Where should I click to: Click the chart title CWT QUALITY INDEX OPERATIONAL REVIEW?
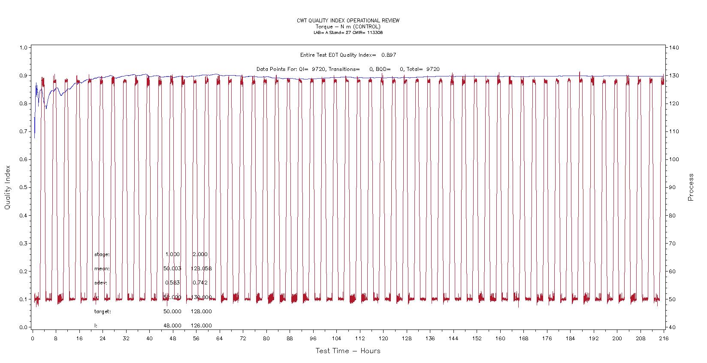pyautogui.click(x=348, y=21)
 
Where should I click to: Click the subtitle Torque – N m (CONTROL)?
pyautogui.click(x=348, y=27)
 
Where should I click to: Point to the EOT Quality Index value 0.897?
pyautogui.click(x=389, y=55)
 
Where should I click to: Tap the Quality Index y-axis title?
pyautogui.click(x=8, y=188)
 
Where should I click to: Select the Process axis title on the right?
pyautogui.click(x=691, y=187)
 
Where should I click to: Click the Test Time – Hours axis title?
pyautogui.click(x=348, y=351)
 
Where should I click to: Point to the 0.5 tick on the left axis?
pyautogui.click(x=23, y=188)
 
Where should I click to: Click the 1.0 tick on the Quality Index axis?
pyautogui.click(x=23, y=48)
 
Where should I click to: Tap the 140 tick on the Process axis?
pyautogui.click(x=674, y=48)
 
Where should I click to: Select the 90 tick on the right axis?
pyautogui.click(x=673, y=188)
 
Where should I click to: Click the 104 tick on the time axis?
pyautogui.click(x=336, y=339)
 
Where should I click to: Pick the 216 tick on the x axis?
pyautogui.click(x=664, y=339)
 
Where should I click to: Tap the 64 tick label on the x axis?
pyautogui.click(x=220, y=339)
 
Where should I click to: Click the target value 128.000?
pyautogui.click(x=201, y=311)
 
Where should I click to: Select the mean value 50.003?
pyautogui.click(x=172, y=268)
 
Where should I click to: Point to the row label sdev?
pyautogui.click(x=100, y=283)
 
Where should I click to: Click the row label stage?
pyautogui.click(x=102, y=254)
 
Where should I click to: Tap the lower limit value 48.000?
pyautogui.click(x=172, y=326)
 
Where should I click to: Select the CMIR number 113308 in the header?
pyautogui.click(x=375, y=33)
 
